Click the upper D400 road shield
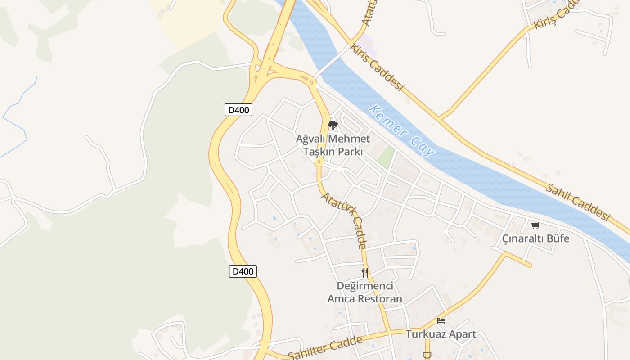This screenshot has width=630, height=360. [x=238, y=110]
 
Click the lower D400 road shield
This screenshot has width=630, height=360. [x=243, y=271]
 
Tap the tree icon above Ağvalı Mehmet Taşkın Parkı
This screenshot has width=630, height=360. [x=333, y=126]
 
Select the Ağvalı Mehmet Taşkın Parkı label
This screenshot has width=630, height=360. [x=333, y=145]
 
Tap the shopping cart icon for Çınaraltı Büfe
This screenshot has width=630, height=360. [x=535, y=225]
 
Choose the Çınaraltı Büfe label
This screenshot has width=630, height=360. [x=535, y=238]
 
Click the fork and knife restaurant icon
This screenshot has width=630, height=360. [x=365, y=272]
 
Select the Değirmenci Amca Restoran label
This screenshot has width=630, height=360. [x=364, y=292]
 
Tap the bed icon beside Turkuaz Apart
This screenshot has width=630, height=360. [x=441, y=321]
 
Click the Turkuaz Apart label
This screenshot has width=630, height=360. [x=441, y=334]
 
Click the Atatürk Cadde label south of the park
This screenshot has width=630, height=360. [x=343, y=220]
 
